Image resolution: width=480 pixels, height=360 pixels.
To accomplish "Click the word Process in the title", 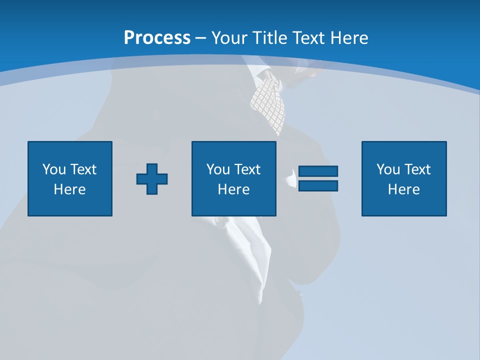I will (157, 38).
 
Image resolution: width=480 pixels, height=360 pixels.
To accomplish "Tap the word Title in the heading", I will (272, 38).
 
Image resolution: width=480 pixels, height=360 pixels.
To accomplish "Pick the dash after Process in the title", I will (201, 38).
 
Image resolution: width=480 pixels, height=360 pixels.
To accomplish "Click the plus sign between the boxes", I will (152, 179).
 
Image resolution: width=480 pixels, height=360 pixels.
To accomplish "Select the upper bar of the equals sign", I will (318, 171).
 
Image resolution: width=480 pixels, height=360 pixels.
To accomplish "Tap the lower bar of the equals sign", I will (318, 185).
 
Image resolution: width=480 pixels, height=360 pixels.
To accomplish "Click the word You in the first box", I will (54, 169).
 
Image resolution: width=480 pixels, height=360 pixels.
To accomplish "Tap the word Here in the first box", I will (69, 189).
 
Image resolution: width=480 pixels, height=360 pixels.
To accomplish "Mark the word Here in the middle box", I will (233, 189).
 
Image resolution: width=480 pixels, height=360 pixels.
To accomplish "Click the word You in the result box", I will (388, 169).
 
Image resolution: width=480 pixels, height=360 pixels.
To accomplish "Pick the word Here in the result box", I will (403, 189).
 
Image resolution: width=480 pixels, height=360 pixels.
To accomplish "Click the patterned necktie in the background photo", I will (269, 100).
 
